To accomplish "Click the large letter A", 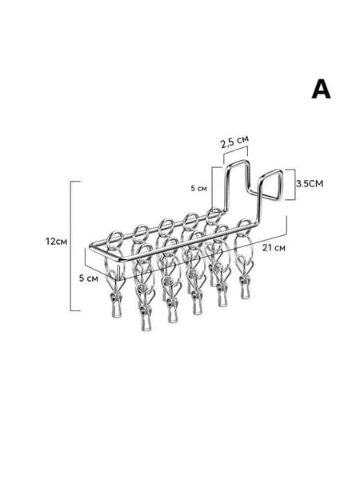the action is coord(321,89).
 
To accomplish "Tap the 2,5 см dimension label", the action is coord(234,142).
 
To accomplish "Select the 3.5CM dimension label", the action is coord(310,184).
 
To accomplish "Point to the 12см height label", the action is coord(56,242).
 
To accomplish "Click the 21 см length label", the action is coord(274,248).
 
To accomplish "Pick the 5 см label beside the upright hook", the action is coord(199,188).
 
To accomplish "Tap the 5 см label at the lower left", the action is coord(89,278).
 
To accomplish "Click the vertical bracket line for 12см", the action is coord(71,246).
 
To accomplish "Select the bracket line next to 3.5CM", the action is coord(294,185).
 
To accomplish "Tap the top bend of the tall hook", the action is coord(238,162).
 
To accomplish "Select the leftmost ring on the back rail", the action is coord(117,238).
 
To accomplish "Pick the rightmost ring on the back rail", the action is coord(214,215).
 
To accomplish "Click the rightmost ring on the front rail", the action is coord(244,226).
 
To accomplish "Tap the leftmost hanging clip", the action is coord(116,300).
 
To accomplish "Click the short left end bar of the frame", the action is coord(106,254).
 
